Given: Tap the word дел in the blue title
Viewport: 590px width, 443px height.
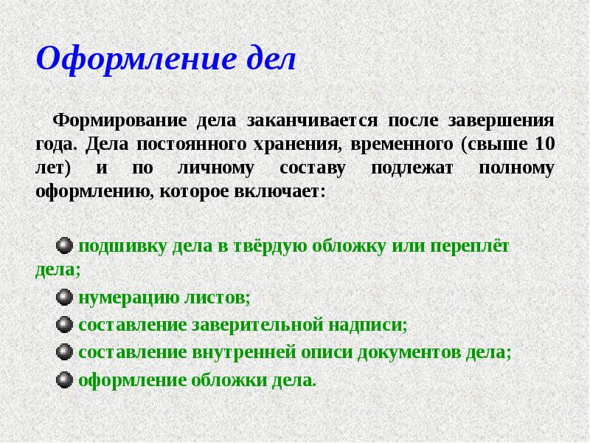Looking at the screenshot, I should click(268, 58).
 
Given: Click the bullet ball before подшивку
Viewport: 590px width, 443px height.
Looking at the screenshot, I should click(65, 246).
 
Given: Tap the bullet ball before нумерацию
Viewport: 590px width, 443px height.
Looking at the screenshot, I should click(65, 298).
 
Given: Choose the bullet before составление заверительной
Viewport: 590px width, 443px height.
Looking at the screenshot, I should click(65, 325).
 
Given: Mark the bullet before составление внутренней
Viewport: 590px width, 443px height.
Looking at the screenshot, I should click(65, 352).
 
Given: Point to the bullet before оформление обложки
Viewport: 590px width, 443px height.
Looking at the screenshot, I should click(65, 380).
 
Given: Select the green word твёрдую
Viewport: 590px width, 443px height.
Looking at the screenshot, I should click(266, 246).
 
